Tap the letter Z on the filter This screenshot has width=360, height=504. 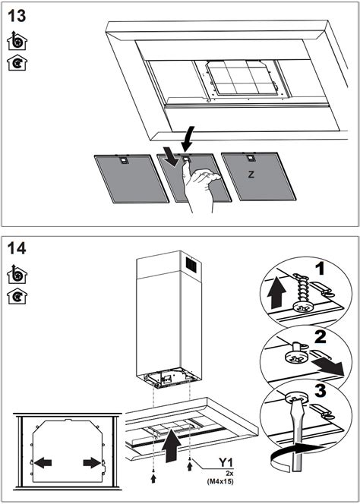coord(251,174)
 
